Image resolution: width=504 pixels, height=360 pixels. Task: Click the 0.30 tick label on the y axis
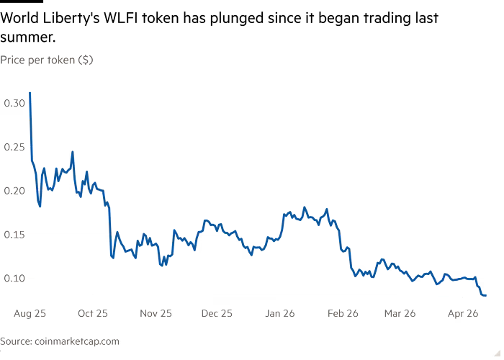click(x=14, y=103)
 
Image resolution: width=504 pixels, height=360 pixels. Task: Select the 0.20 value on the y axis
click(x=14, y=190)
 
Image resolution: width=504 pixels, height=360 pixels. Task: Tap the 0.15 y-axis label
click(x=14, y=234)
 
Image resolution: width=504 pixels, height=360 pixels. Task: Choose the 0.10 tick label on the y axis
click(x=14, y=278)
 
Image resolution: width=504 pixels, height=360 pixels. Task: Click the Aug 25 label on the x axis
click(x=30, y=313)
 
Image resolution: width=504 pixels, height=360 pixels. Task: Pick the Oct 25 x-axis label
click(x=93, y=313)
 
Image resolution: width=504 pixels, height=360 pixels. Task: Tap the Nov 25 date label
click(x=156, y=313)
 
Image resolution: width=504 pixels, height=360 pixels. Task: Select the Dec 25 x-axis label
click(x=216, y=313)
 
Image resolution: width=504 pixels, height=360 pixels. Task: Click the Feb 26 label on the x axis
click(x=343, y=313)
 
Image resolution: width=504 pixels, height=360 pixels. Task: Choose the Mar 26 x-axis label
click(x=400, y=313)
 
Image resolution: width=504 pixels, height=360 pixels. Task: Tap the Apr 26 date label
click(x=463, y=313)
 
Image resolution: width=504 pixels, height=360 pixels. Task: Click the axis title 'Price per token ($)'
click(x=46, y=60)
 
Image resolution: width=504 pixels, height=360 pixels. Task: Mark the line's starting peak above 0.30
click(x=30, y=93)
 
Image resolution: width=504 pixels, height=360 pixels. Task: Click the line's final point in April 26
click(x=487, y=294)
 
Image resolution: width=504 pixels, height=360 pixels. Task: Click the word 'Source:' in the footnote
click(x=15, y=341)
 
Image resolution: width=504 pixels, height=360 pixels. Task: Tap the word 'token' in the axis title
click(x=60, y=60)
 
